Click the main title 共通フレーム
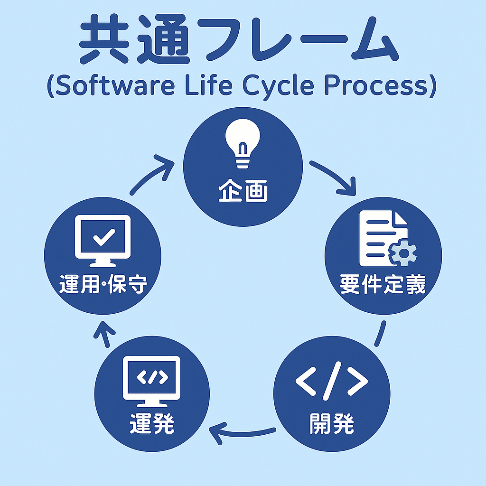[239, 39]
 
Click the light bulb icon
[243, 143]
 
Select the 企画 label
[243, 191]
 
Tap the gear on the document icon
[403, 253]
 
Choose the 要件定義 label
[383, 284]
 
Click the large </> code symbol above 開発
[332, 380]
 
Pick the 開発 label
[332, 423]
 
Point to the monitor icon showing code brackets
[151, 381]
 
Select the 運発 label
[151, 423]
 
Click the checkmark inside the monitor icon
[104, 237]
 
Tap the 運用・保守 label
[103, 284]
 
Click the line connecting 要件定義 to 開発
[381, 334]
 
